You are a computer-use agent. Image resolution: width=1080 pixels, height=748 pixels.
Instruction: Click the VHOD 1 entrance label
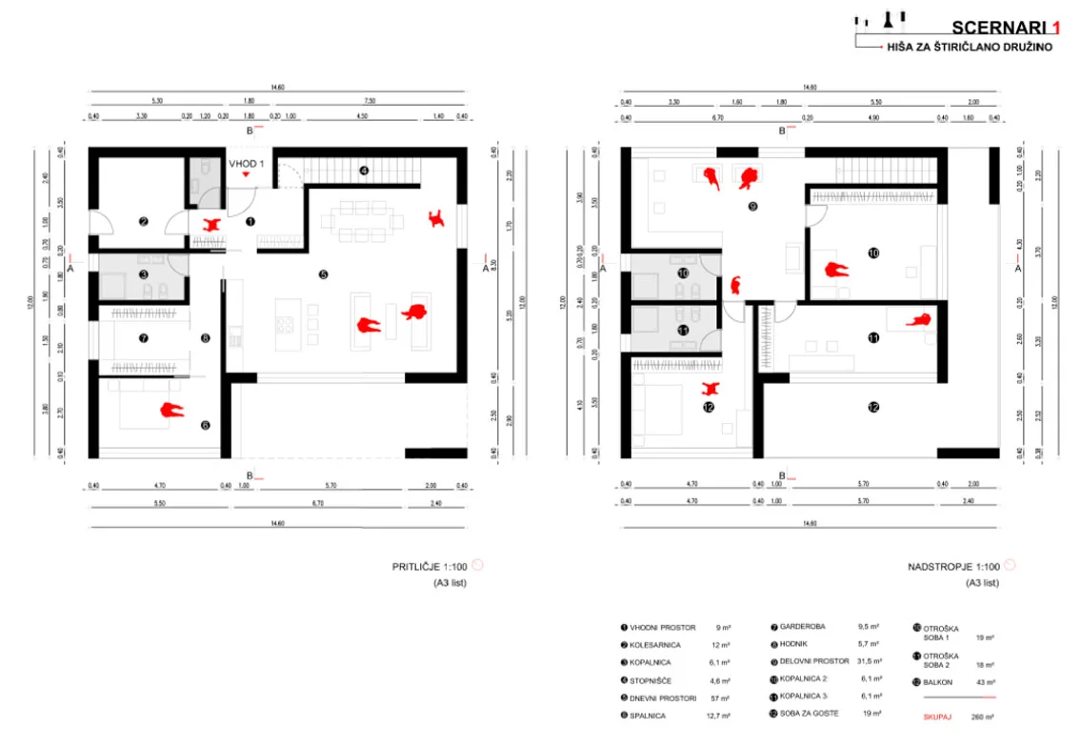point(247,164)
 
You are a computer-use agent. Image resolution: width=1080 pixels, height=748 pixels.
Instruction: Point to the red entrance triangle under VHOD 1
point(247,175)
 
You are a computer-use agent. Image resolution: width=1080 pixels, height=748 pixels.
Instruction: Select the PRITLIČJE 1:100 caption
point(431,566)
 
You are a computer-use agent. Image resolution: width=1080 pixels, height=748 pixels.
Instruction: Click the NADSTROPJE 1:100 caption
point(954,566)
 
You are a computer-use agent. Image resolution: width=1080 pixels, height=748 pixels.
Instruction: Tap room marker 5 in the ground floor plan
point(323,274)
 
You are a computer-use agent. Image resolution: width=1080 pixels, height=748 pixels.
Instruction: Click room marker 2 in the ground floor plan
point(144,222)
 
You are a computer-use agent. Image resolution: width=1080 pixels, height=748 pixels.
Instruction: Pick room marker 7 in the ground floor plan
point(143,338)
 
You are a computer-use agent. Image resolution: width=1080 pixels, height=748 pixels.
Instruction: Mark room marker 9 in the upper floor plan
point(752,206)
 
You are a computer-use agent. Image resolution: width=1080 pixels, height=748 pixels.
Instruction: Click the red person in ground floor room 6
point(170,411)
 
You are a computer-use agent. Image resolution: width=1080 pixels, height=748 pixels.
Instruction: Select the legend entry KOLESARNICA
point(654,645)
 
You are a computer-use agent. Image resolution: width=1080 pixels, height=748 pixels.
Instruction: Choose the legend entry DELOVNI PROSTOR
point(813,661)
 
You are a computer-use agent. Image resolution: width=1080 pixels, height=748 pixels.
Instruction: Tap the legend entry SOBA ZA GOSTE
point(810,714)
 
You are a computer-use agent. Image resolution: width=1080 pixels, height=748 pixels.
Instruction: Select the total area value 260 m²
point(983,717)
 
